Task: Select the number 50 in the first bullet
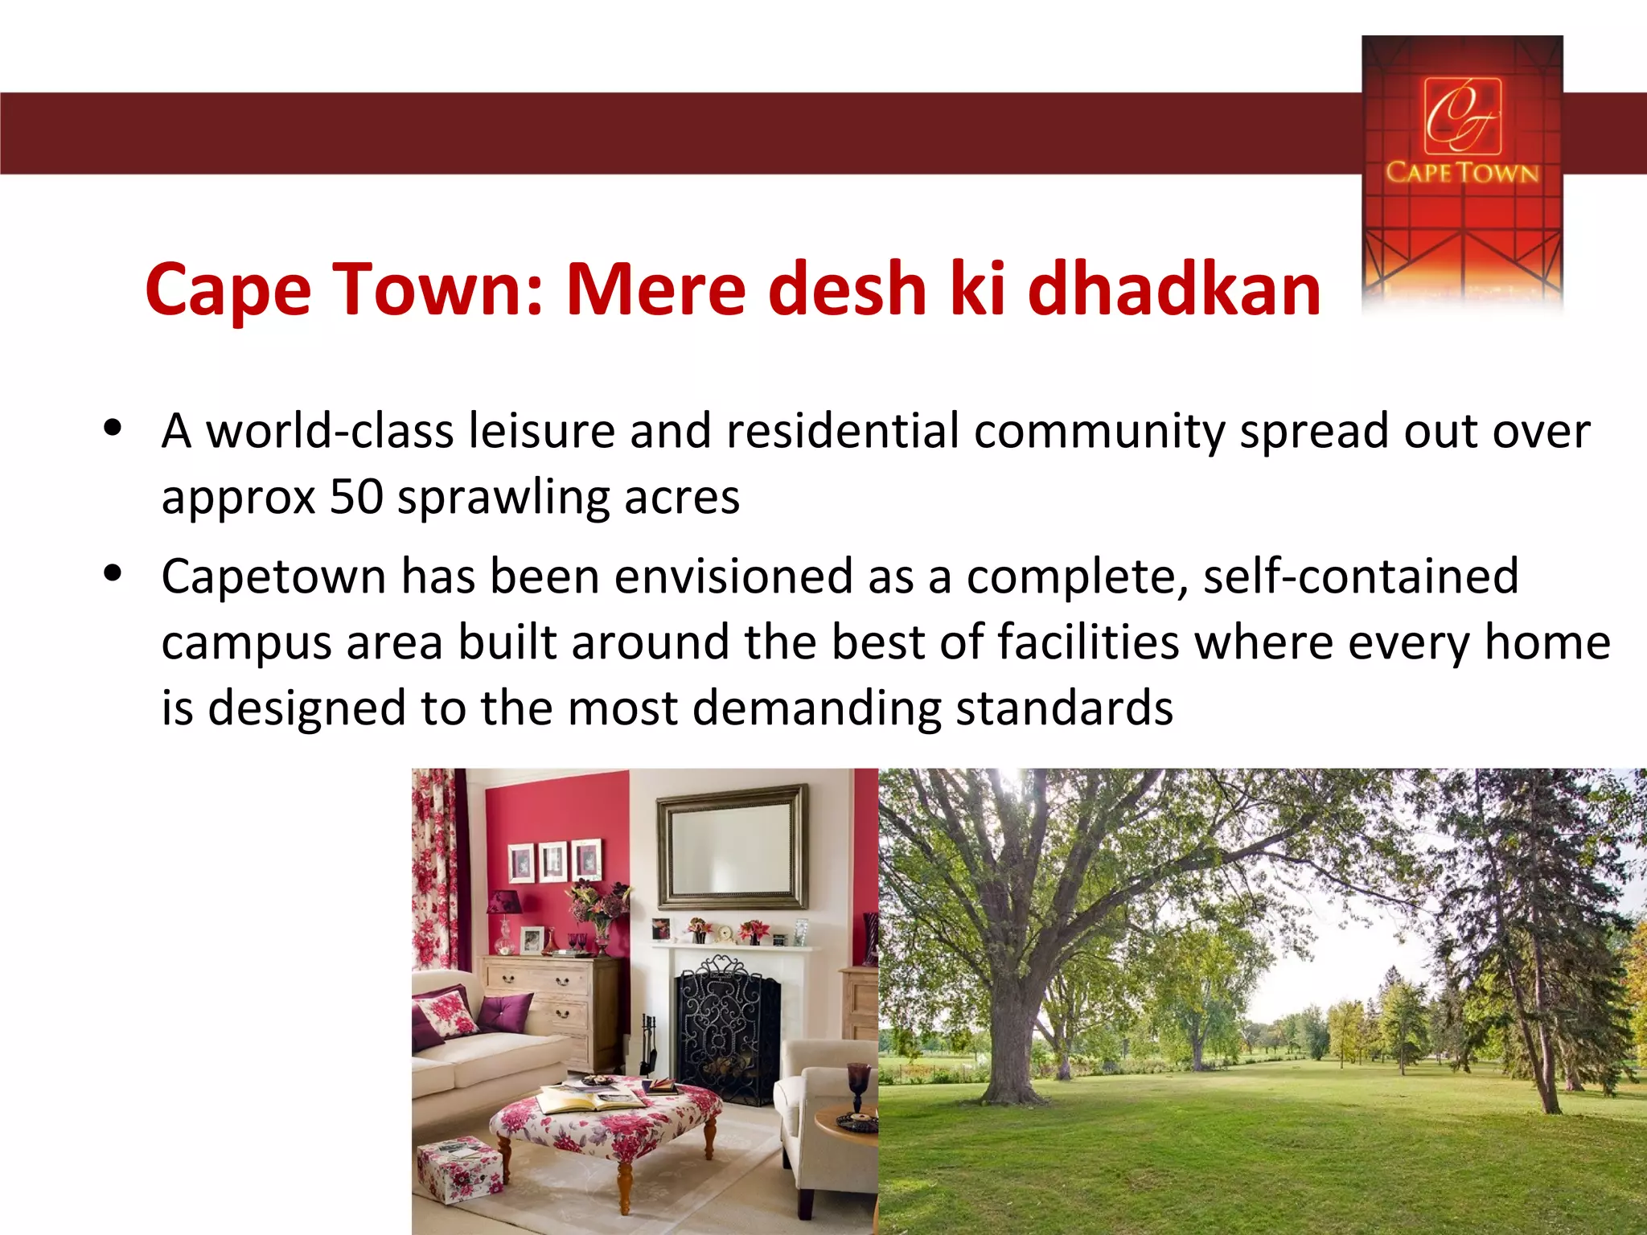point(356,497)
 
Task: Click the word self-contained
point(1361,576)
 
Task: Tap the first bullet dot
point(113,427)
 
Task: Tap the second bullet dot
point(113,573)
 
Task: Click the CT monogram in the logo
point(1462,115)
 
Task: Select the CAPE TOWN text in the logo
point(1462,172)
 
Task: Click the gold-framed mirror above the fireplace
point(732,847)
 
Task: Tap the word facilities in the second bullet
point(1088,642)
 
